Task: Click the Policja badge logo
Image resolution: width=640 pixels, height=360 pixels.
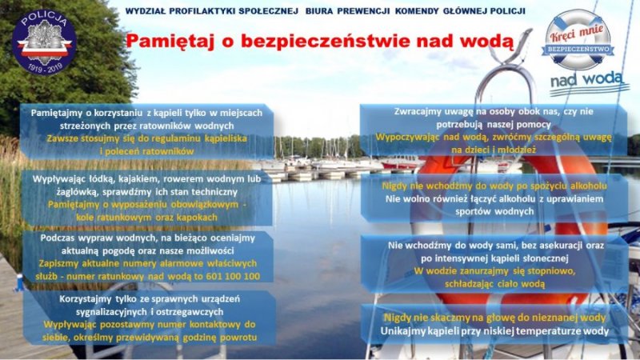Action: point(44,43)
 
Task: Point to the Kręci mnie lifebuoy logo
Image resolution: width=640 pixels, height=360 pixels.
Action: point(577,39)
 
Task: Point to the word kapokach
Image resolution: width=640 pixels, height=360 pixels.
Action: point(197,218)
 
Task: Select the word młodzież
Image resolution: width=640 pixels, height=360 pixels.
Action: point(516,150)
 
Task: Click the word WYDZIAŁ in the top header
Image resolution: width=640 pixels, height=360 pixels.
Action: point(145,11)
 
